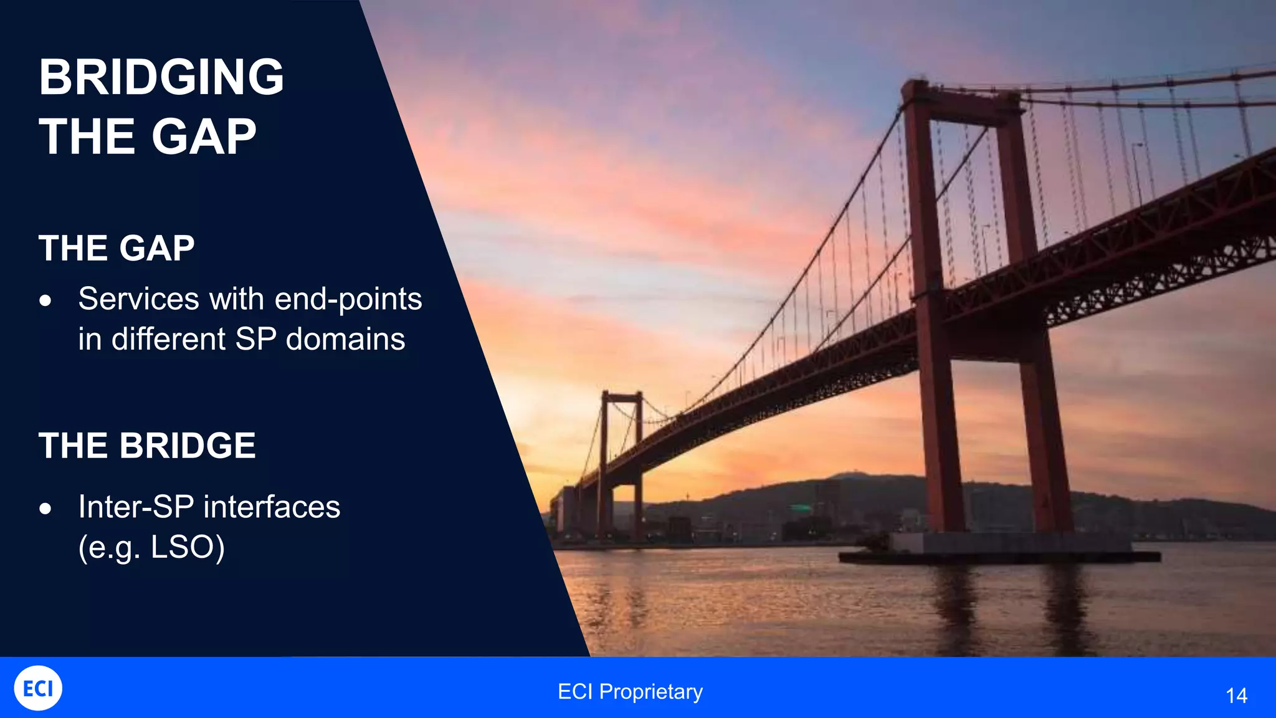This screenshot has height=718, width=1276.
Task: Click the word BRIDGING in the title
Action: pos(161,77)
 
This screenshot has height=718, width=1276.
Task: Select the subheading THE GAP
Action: pos(117,248)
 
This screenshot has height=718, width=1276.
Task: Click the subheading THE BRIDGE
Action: pos(147,446)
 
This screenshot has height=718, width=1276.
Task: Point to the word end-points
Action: pos(348,299)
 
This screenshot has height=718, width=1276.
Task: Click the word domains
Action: pos(345,340)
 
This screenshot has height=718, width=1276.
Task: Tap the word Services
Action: pos(138,299)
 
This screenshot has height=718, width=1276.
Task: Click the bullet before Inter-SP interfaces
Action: pos(45,509)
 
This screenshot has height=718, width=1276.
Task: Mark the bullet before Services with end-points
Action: pos(45,301)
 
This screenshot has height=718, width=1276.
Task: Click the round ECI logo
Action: pos(38,688)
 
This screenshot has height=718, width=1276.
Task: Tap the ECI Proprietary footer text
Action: pos(630,692)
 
